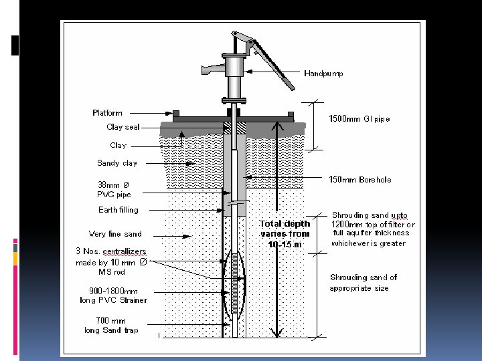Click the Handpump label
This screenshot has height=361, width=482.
pos(324,74)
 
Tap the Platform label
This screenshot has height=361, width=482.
pos(107,112)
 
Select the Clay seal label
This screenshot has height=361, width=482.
pos(123,127)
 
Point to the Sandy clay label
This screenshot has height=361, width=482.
pos(117,163)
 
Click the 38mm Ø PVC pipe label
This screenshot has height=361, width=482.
pos(114,190)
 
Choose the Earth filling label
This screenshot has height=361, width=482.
pos(118,210)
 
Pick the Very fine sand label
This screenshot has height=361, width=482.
pos(115,234)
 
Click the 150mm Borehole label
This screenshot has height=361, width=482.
pos(360,180)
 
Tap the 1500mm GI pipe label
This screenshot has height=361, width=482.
pos(359,119)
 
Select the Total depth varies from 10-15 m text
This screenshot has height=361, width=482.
pos(285,234)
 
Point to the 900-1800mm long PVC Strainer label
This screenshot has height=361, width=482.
pos(113,295)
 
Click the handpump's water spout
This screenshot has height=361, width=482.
pos(209,69)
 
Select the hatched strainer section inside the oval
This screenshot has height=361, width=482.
pos(234,285)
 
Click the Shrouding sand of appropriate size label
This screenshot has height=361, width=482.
pos(363,283)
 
